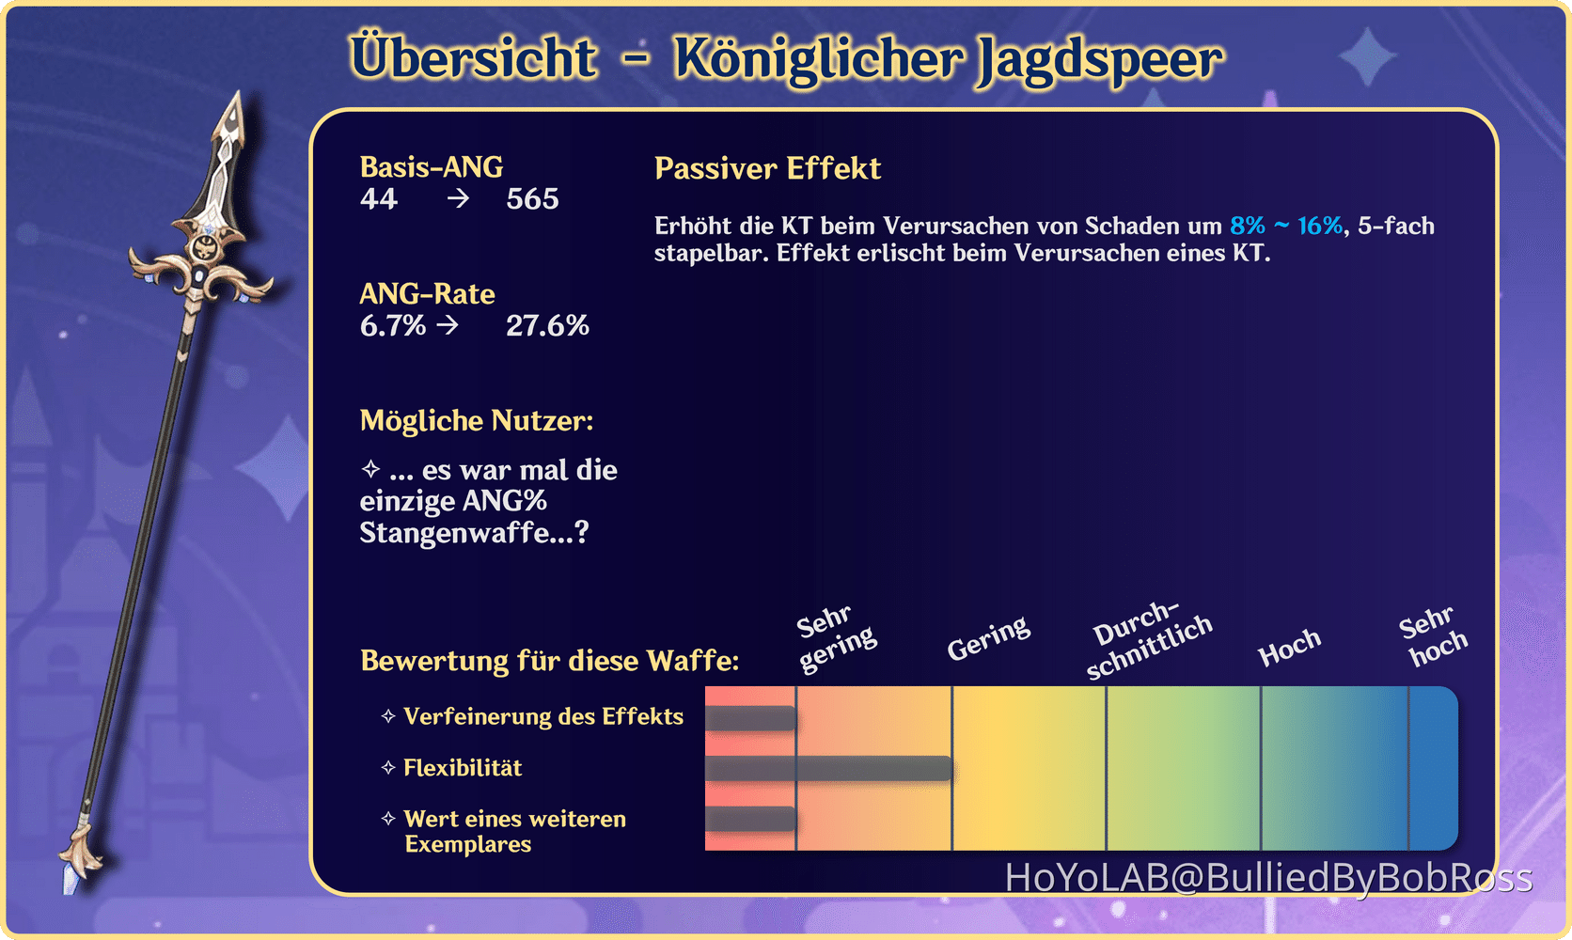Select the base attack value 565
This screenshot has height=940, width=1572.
coord(533,199)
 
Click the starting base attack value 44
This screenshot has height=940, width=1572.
coord(379,199)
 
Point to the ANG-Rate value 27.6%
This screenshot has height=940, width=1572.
coord(547,326)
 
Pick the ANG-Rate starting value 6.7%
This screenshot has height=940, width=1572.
coord(393,326)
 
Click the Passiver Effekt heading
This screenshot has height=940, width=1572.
coord(767,169)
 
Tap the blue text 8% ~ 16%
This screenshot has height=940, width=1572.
coord(1285,226)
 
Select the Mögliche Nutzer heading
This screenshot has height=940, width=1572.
coord(477,421)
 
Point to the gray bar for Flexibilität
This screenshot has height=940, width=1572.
coord(829,768)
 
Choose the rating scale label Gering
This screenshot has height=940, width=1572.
coord(988,638)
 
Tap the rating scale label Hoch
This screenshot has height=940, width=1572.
coord(1289,647)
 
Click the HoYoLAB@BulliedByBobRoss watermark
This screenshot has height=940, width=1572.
coord(1269,878)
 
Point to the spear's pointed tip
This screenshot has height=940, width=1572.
coord(240,93)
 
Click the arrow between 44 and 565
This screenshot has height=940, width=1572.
coord(458,199)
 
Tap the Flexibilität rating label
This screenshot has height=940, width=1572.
coord(463,768)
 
